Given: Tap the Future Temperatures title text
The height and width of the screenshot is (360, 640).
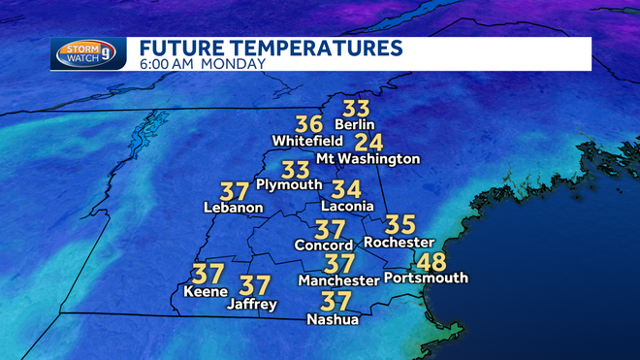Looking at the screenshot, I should [x=270, y=48].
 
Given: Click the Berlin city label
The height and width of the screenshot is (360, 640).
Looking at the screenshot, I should [x=354, y=124].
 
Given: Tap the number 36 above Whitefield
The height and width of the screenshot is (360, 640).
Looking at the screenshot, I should [x=308, y=124].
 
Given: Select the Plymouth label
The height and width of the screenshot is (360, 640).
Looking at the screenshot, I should [x=287, y=185].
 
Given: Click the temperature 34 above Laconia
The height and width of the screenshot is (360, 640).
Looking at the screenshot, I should [x=346, y=189].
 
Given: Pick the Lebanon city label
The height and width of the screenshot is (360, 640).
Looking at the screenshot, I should [x=233, y=207].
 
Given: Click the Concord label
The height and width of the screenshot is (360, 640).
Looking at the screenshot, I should [x=324, y=245].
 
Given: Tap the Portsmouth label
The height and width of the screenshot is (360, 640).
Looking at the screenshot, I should [x=426, y=278].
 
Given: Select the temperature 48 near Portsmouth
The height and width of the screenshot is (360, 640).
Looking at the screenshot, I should [x=432, y=260].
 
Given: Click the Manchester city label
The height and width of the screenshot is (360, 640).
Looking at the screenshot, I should [x=338, y=280].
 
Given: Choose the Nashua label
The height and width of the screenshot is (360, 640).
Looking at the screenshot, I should [x=333, y=319].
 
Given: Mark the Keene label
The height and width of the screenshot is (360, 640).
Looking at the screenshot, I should [x=206, y=291].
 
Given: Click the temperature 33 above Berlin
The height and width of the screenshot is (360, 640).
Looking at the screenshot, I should [x=356, y=107].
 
